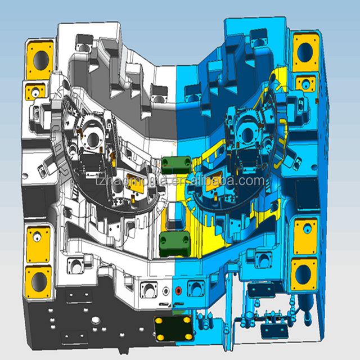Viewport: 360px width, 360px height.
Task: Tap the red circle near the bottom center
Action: point(178,291)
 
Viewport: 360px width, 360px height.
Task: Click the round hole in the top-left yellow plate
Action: point(40,57)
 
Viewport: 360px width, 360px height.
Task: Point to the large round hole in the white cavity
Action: point(91,139)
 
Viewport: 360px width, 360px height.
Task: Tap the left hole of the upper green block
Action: point(167,164)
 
